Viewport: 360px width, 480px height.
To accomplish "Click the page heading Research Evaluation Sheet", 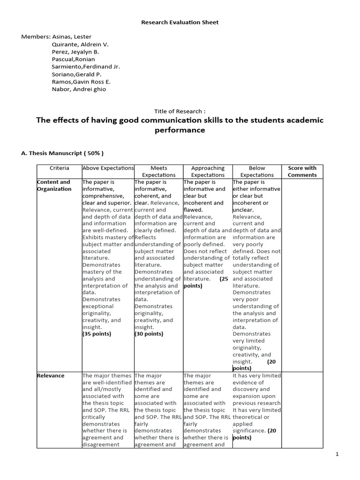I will point(180,22).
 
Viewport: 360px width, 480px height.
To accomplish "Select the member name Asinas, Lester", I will point(72,37).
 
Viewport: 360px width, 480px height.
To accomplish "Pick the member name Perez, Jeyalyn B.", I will point(75,52).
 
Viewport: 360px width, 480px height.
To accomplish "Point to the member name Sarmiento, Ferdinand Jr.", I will point(86,67).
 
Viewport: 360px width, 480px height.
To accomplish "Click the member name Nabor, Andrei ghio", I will point(79,89).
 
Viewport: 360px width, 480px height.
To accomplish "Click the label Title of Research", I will point(180,111).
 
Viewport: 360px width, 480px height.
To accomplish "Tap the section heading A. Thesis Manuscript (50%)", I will point(63,153).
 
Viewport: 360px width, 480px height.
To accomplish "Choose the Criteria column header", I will point(59,168).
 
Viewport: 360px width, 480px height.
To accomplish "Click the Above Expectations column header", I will point(108,168).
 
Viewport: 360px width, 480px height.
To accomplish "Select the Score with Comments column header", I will point(302,171).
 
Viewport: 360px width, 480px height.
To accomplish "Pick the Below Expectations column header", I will point(257,171).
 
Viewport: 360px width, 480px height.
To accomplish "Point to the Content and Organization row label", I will point(54,185).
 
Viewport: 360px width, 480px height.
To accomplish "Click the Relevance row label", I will point(51,375).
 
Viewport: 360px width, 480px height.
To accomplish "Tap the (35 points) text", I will point(97,334).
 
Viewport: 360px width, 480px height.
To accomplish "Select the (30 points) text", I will point(149,334).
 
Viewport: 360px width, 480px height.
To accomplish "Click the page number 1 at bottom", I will point(350,454).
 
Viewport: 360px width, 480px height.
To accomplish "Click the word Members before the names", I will point(35,37).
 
